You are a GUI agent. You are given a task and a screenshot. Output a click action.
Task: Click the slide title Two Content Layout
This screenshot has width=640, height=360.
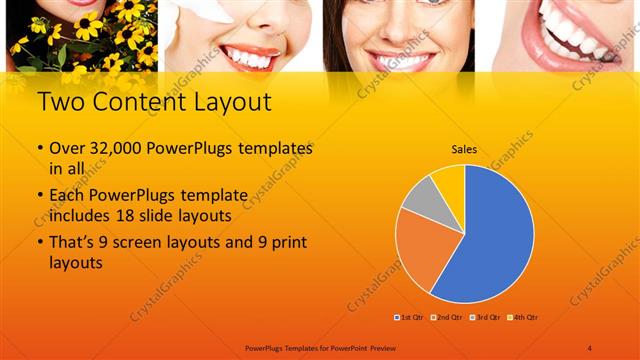coord(152,103)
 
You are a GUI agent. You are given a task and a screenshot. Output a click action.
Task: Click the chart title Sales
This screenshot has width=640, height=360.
coord(464,149)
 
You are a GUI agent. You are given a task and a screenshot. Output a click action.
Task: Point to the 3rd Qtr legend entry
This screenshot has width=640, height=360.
coord(484,317)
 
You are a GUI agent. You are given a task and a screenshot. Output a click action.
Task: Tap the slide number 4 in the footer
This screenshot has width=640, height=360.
coord(590,347)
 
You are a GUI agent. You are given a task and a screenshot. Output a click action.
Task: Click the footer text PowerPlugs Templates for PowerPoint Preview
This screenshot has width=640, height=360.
coord(319,347)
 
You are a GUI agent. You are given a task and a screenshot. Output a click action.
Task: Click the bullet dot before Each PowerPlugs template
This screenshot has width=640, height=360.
coord(40,194)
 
